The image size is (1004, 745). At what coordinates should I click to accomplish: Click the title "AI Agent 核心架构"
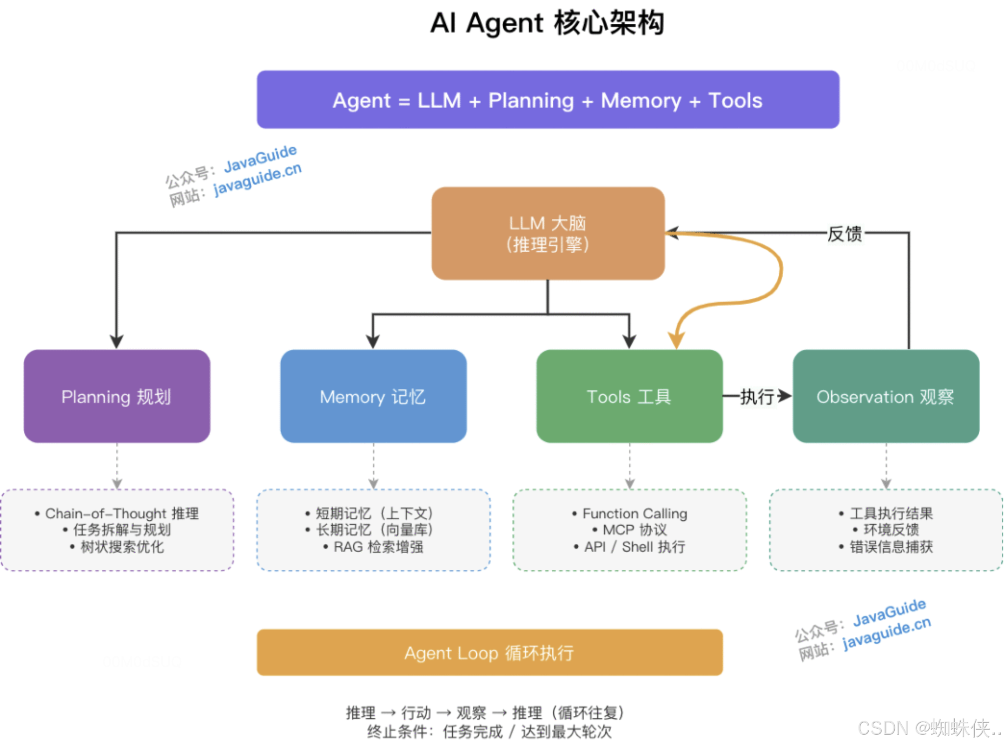pyautogui.click(x=547, y=23)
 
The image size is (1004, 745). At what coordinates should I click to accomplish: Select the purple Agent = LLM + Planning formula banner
pyautogui.click(x=548, y=99)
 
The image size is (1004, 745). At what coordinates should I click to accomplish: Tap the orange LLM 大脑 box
pyautogui.click(x=548, y=233)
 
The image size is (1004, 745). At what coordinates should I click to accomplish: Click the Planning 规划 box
pyautogui.click(x=117, y=396)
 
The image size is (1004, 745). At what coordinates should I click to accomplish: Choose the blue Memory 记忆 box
pyautogui.click(x=373, y=396)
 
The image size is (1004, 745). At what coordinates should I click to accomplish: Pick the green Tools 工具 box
pyautogui.click(x=629, y=396)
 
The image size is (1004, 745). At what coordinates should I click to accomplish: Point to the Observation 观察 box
pyautogui.click(x=886, y=396)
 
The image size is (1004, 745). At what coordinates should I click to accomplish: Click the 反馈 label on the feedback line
pyautogui.click(x=845, y=234)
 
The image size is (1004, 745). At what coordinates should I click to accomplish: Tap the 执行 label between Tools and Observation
pyautogui.click(x=757, y=397)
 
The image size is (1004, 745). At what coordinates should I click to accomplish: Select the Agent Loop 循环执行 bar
pyautogui.click(x=490, y=653)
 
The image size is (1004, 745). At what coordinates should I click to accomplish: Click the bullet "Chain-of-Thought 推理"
pyautogui.click(x=117, y=513)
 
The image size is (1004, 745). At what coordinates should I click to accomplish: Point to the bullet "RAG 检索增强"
pyautogui.click(x=373, y=547)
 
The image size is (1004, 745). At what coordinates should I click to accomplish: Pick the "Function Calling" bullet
pyautogui.click(x=630, y=513)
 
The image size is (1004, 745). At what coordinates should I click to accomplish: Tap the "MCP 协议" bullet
pyautogui.click(x=630, y=530)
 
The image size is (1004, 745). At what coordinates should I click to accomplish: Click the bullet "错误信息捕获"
pyautogui.click(x=886, y=547)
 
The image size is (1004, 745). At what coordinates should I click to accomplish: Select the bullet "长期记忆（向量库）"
pyautogui.click(x=370, y=530)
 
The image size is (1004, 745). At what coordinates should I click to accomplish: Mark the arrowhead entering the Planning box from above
pyautogui.click(x=117, y=342)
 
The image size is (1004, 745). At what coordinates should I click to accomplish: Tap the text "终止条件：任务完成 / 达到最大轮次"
pyautogui.click(x=489, y=732)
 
